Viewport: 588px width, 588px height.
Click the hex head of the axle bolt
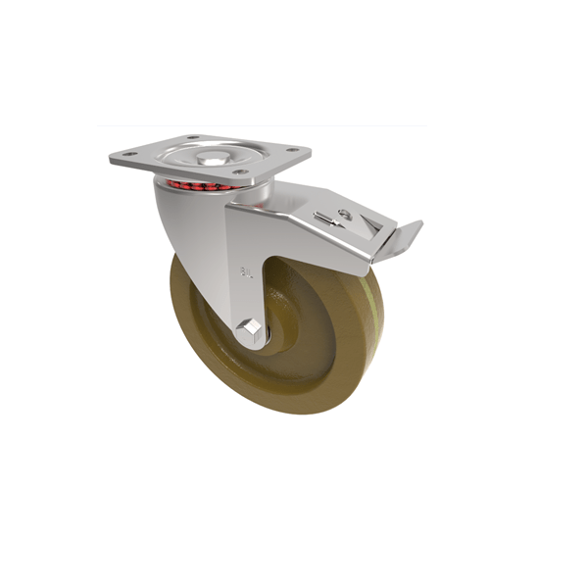(249, 329)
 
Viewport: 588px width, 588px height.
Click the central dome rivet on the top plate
(213, 157)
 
